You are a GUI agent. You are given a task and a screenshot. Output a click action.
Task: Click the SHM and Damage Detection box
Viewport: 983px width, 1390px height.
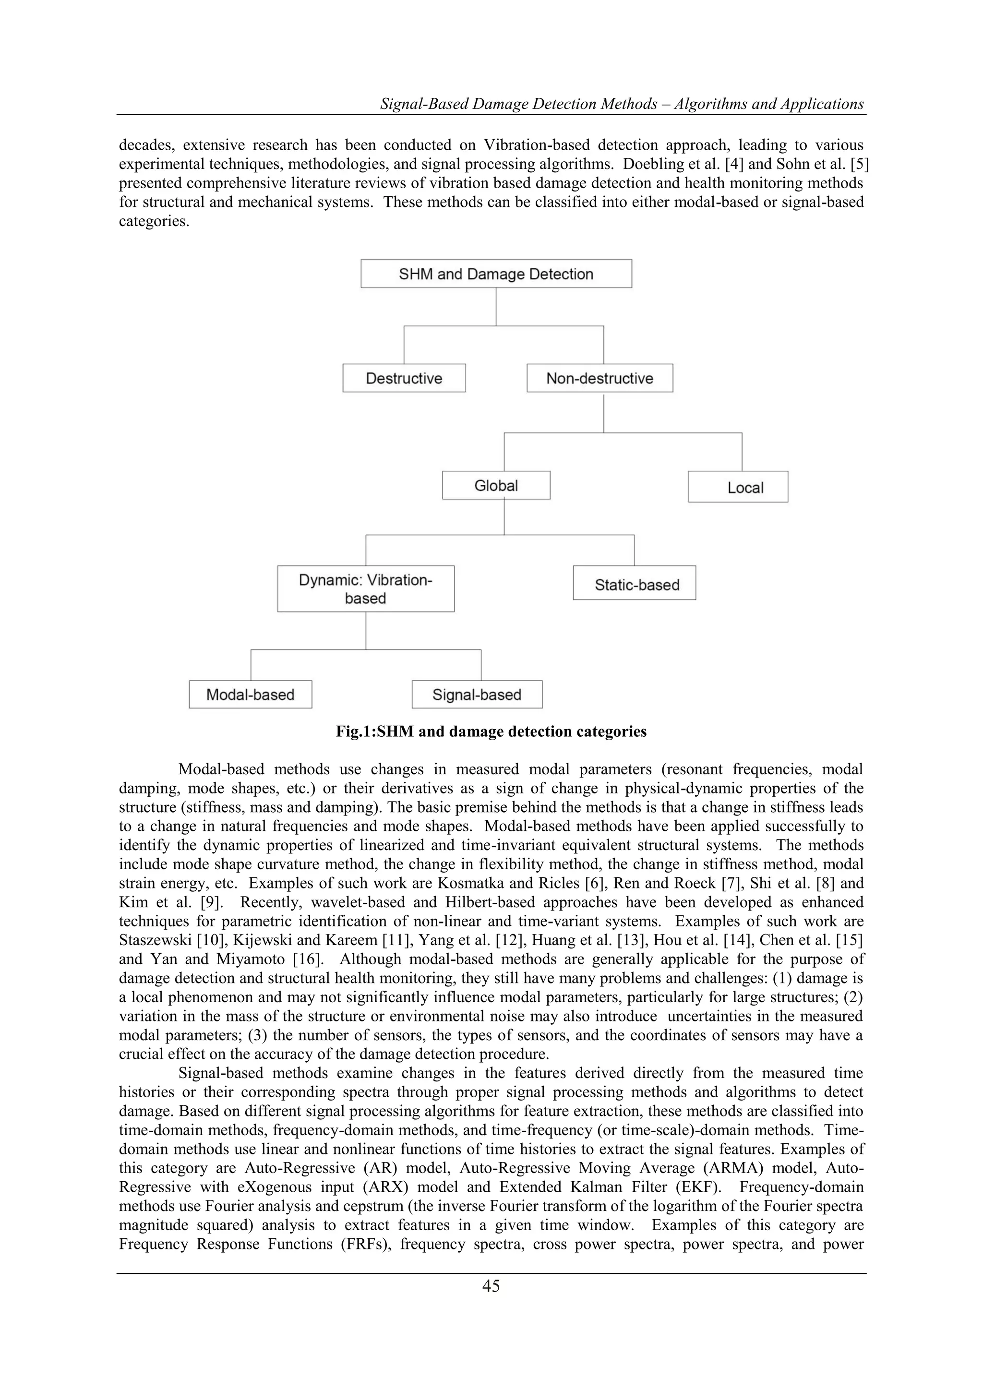[496, 274]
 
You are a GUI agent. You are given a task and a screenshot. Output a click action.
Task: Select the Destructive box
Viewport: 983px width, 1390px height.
[404, 378]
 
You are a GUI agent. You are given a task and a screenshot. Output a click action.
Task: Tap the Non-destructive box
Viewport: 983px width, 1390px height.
[599, 378]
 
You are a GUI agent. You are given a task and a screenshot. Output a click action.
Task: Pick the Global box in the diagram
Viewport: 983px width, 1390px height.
[496, 486]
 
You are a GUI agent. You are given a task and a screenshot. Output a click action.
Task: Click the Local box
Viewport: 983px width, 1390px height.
[737, 487]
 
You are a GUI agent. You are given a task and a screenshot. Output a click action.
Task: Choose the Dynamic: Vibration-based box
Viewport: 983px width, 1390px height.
[366, 589]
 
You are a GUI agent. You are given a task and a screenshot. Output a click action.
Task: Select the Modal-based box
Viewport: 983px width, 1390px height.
[250, 695]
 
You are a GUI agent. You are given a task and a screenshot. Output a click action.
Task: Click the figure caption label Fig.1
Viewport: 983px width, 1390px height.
[354, 732]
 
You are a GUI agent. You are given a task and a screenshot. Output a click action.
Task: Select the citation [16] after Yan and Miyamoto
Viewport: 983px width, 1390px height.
[309, 959]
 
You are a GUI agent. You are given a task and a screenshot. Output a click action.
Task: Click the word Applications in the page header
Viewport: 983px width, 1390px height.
[821, 104]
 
